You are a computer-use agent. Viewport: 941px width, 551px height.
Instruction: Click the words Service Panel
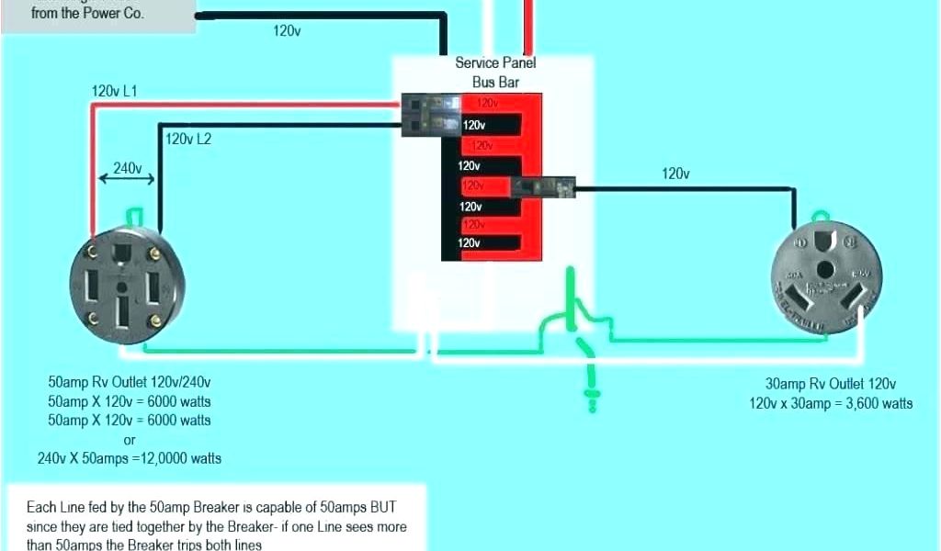(495, 63)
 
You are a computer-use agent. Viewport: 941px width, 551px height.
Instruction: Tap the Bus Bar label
(496, 83)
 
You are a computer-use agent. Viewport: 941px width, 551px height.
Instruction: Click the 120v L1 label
(114, 92)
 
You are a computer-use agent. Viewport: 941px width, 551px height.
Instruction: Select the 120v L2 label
(188, 140)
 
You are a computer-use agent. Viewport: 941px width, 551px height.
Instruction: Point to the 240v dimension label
(127, 168)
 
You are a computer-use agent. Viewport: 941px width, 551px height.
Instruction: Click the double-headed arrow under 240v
(127, 181)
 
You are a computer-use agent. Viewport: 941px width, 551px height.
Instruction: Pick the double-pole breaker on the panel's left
(431, 115)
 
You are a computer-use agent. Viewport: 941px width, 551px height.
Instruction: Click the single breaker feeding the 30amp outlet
(543, 186)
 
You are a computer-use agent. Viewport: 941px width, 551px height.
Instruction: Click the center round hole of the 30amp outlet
(825, 270)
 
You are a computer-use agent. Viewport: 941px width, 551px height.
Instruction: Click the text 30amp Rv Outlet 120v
(831, 384)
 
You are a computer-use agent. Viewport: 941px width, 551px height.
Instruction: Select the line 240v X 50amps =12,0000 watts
(129, 458)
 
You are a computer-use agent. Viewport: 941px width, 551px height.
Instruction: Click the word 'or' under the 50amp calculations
(129, 440)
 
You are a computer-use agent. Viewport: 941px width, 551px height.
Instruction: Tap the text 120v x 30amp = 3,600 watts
(831, 403)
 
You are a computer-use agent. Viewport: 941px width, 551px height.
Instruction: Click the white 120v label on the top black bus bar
(474, 125)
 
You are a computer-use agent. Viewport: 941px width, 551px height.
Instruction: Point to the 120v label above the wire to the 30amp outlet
(675, 174)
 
